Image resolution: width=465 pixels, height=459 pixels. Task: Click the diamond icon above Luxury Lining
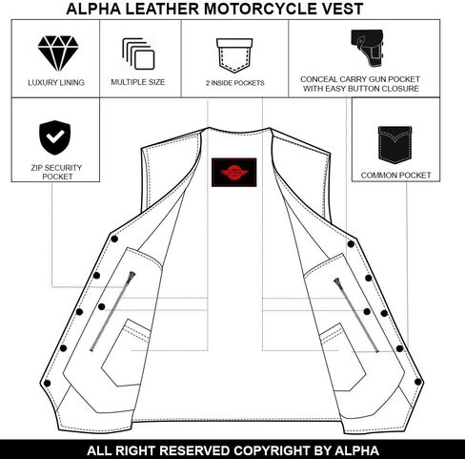pyautogui.click(x=58, y=53)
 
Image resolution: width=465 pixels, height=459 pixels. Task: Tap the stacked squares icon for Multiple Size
pyautogui.click(x=138, y=53)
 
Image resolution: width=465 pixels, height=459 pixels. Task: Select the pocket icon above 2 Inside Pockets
pyautogui.click(x=234, y=55)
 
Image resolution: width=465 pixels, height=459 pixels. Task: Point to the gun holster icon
pyautogui.click(x=368, y=48)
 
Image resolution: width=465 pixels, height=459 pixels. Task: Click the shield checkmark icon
pyautogui.click(x=55, y=137)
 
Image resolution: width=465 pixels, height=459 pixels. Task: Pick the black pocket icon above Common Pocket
pyautogui.click(x=394, y=145)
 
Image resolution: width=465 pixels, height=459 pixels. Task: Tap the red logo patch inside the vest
pyautogui.click(x=234, y=172)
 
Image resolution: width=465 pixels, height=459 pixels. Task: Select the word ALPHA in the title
pyautogui.click(x=93, y=9)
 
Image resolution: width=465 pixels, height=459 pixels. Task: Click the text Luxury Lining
pyautogui.click(x=56, y=83)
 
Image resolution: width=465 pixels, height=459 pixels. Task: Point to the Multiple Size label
pyautogui.click(x=138, y=82)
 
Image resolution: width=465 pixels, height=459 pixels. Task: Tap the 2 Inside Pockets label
pyautogui.click(x=235, y=83)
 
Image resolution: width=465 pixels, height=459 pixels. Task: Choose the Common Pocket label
pyautogui.click(x=395, y=176)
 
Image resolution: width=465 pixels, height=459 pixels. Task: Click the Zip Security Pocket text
pyautogui.click(x=56, y=172)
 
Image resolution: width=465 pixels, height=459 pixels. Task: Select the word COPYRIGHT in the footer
pyautogui.click(x=273, y=450)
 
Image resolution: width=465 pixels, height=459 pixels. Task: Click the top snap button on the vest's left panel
pyautogui.click(x=114, y=239)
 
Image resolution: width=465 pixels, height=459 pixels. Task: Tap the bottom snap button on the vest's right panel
pyautogui.click(x=418, y=382)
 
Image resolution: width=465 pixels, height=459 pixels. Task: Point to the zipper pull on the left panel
pyautogui.click(x=131, y=276)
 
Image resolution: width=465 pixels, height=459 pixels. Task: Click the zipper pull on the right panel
pyautogui.click(x=337, y=282)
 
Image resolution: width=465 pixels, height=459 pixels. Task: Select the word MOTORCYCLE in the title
pyautogui.click(x=255, y=9)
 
